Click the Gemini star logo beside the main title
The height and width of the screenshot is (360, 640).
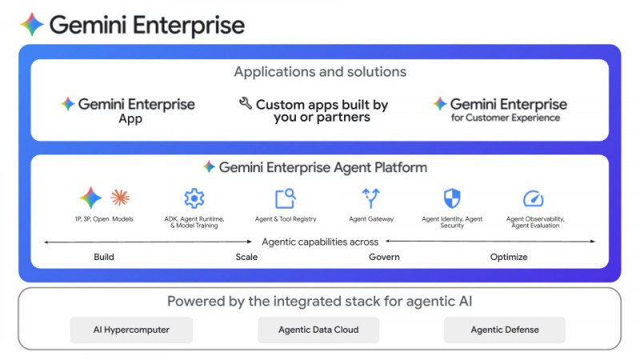[x=32, y=25]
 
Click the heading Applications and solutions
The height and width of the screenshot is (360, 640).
[x=320, y=72]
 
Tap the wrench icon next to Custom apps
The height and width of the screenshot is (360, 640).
[x=246, y=104]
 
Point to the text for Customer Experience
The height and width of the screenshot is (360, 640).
[x=505, y=118]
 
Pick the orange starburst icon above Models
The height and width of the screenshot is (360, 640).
[x=120, y=198]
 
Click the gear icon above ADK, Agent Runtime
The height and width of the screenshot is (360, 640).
[x=194, y=198]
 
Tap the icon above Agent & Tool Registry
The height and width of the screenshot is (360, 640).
[x=285, y=198]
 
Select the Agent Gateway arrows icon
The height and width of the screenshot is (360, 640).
[x=370, y=198]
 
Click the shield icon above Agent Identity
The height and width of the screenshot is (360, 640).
[x=452, y=198]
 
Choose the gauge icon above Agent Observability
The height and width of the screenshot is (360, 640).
[x=533, y=198]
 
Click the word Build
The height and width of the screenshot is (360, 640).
[x=104, y=257]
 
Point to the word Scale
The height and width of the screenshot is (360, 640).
[x=246, y=257]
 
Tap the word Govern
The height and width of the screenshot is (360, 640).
[x=384, y=257]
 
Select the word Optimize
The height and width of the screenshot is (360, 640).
[x=509, y=257]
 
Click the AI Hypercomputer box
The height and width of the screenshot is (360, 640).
[x=132, y=330]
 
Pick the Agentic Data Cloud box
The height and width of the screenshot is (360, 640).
[x=318, y=330]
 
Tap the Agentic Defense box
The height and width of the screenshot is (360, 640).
[x=505, y=330]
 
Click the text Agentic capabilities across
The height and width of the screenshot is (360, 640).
[x=320, y=242]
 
